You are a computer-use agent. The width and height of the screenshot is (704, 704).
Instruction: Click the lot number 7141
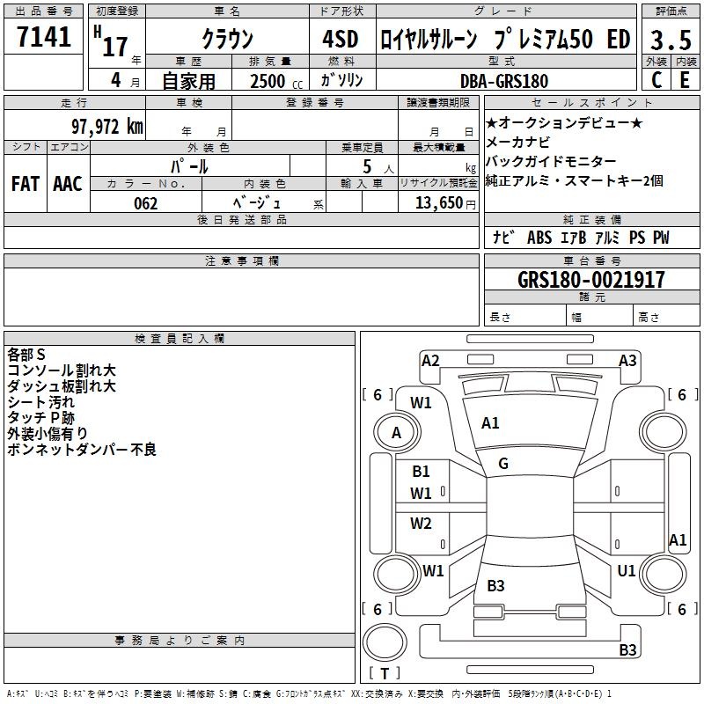coord(44,37)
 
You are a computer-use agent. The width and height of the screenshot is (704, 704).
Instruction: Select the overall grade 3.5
coord(671,40)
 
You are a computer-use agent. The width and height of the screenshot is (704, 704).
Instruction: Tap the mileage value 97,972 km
coord(107,127)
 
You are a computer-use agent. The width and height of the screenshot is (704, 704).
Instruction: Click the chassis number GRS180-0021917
coord(590,280)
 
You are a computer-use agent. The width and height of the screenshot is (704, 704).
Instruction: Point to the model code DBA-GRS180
coord(504,81)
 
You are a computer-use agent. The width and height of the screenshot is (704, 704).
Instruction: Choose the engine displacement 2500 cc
coord(276,81)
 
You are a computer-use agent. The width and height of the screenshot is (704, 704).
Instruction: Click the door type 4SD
coord(341,39)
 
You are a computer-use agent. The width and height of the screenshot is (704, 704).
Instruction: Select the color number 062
coord(146,203)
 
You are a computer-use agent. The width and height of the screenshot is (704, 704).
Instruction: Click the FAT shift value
coord(26,184)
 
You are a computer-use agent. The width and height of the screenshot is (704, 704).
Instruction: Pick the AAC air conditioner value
coord(68,184)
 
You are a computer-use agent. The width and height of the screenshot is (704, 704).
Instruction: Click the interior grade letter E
coord(685,80)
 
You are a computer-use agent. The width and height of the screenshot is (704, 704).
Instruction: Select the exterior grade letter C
coord(656,80)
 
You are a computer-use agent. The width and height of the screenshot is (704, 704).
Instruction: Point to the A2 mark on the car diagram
coord(430,361)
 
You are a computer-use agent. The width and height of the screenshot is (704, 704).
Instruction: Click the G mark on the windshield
coord(503,464)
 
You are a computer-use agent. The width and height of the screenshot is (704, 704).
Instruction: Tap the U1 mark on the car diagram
coord(627,571)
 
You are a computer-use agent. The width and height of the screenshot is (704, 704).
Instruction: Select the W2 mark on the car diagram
coord(421,524)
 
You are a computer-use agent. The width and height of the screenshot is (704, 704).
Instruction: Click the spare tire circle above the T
coord(385,642)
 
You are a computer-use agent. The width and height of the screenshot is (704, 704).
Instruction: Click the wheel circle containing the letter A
coord(397,433)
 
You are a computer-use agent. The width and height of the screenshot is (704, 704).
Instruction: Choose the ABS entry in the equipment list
coord(539,238)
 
